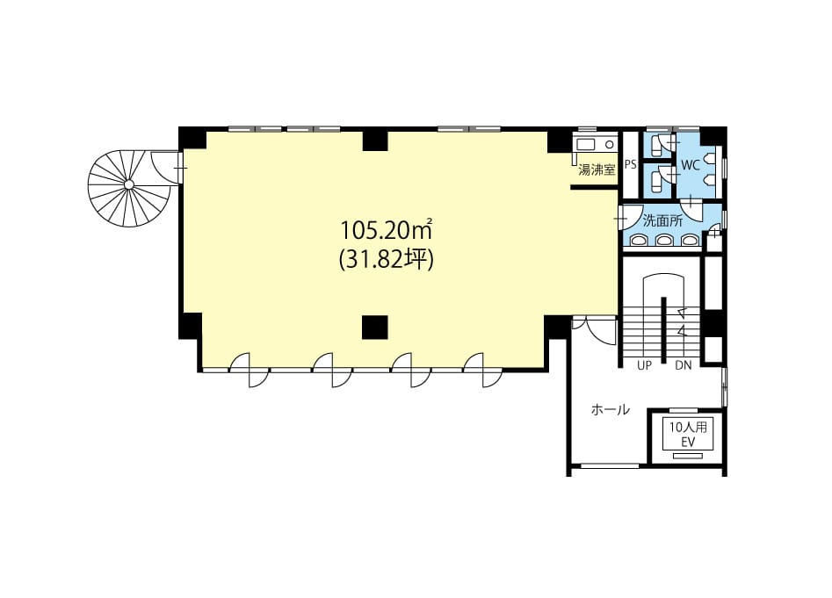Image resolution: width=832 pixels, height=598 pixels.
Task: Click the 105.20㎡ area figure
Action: tap(385, 230)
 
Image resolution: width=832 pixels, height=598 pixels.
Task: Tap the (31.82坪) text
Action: tap(387, 260)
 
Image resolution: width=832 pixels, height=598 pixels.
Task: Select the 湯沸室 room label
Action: tap(597, 169)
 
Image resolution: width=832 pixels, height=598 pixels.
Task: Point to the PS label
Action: tap(630, 165)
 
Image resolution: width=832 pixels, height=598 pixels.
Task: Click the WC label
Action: tap(691, 165)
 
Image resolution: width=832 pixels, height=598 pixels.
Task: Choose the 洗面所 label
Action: tap(662, 220)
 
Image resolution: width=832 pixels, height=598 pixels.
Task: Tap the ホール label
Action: tap(611, 409)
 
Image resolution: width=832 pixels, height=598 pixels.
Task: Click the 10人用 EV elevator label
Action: tap(688, 435)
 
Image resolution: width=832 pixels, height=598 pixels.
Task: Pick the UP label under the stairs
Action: tap(644, 366)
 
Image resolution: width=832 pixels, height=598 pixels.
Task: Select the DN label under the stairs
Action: tap(684, 366)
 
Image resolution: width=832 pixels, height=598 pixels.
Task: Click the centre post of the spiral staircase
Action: tap(129, 184)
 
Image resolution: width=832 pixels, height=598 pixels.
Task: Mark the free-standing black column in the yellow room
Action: tap(375, 328)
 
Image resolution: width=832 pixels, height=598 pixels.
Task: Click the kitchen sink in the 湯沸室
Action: tap(587, 144)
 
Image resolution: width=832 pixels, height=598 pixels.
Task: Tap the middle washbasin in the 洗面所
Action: tap(663, 241)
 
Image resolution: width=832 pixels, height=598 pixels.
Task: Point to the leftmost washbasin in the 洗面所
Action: tap(639, 241)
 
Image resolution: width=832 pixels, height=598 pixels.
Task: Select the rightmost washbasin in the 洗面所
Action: tap(689, 241)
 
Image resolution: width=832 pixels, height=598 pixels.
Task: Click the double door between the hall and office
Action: tap(595, 328)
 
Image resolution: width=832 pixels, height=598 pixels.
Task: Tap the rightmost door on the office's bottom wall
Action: tap(483, 370)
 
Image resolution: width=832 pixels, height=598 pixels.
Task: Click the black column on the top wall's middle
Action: tap(375, 140)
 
